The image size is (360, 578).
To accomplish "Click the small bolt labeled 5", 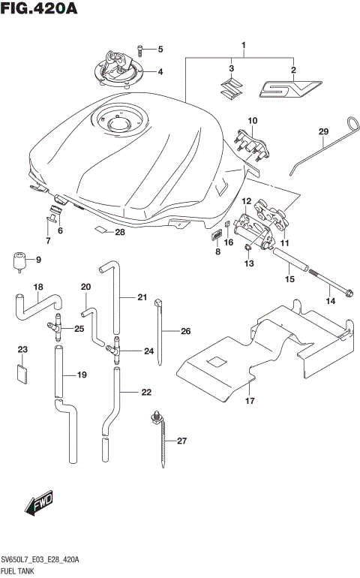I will (142, 50).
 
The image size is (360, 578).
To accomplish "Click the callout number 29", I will (323, 132).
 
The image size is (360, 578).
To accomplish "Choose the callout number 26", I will (185, 330).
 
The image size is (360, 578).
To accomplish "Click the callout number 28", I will (119, 233).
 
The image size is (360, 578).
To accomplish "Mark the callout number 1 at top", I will (244, 47).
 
